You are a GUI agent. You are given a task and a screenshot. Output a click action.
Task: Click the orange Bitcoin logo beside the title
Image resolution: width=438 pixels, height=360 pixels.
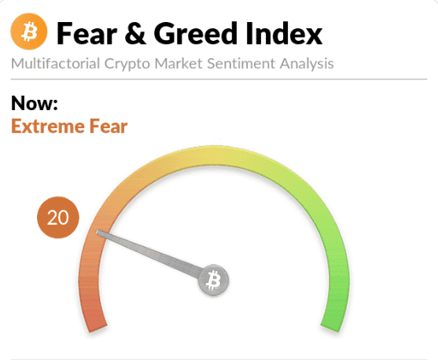29,33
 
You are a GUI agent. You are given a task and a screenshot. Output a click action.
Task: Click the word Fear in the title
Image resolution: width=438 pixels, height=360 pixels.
86,34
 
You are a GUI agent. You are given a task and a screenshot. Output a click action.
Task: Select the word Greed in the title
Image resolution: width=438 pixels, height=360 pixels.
194,34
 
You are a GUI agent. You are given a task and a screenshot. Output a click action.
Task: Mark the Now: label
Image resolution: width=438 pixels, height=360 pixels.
35,103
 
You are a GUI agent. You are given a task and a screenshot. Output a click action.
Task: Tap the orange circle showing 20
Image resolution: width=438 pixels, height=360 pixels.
58,218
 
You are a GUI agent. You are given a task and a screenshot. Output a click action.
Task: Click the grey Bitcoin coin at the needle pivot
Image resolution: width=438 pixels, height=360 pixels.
212,280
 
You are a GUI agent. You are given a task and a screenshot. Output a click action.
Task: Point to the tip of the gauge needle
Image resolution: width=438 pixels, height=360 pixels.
98,232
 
